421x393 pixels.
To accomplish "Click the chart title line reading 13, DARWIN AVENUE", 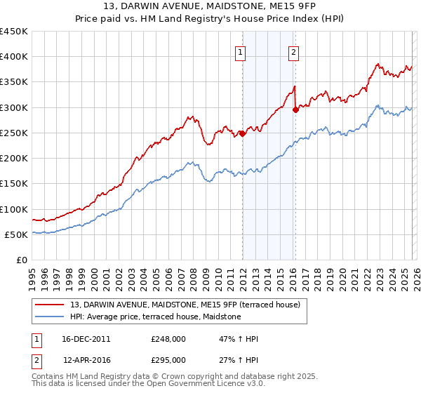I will (x=210, y=6).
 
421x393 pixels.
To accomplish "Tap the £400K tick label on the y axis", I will (x=14, y=57).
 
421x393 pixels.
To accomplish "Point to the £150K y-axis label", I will (x=14, y=184).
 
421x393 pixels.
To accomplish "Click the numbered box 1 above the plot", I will (x=241, y=51).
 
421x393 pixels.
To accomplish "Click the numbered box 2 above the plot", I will (x=293, y=51).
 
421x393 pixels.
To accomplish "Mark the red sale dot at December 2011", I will (x=242, y=134).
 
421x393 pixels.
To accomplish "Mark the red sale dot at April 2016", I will (x=295, y=109).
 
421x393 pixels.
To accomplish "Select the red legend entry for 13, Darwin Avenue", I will (x=185, y=305).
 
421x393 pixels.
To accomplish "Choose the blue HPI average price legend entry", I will (x=155, y=317).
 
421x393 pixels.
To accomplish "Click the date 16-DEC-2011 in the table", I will (x=86, y=339).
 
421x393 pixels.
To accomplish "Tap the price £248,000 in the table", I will (x=168, y=339).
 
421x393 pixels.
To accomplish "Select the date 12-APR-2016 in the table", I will (x=86, y=359).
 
